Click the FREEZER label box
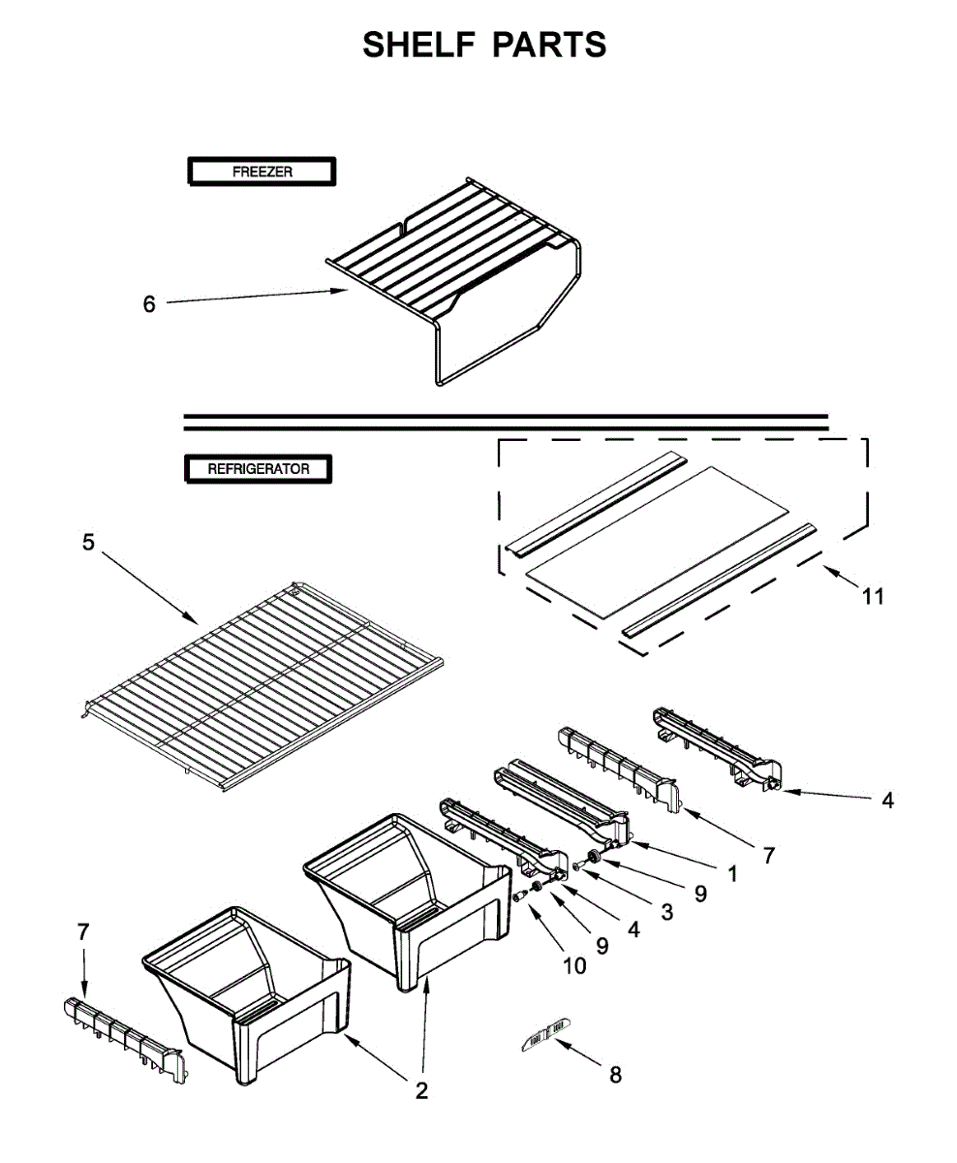coord(261,173)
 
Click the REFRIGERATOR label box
coord(258,469)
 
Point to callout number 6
coord(149,304)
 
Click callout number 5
coord(89,543)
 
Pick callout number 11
coord(873,597)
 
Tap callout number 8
coord(615,1074)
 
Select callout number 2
coord(421,1091)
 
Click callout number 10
coord(575,965)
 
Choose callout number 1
coord(731,873)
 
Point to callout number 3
coord(666,911)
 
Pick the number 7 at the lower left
coord(83,932)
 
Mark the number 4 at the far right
coord(887,801)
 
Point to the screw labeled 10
coord(521,896)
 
